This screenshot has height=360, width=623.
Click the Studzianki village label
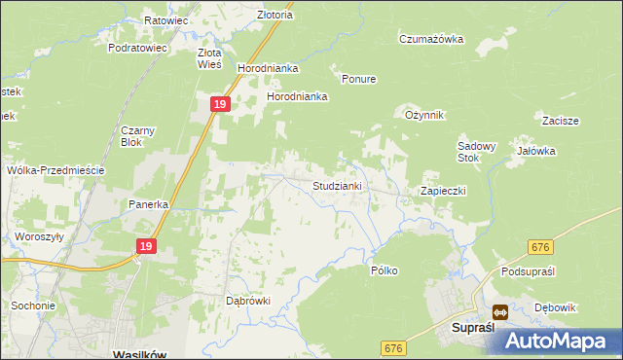click(338, 185)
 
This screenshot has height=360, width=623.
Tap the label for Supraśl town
click(476, 329)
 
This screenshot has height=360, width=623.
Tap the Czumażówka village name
click(431, 39)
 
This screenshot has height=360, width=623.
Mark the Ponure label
click(358, 79)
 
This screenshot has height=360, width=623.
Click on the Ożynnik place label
click(424, 115)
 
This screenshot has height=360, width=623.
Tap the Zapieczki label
click(443, 191)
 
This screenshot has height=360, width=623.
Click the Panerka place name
click(150, 204)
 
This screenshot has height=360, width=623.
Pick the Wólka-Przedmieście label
click(55, 169)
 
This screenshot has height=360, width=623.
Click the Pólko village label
click(385, 270)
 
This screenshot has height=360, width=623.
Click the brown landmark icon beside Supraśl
click(499, 313)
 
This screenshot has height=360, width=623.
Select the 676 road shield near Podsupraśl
click(542, 249)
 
